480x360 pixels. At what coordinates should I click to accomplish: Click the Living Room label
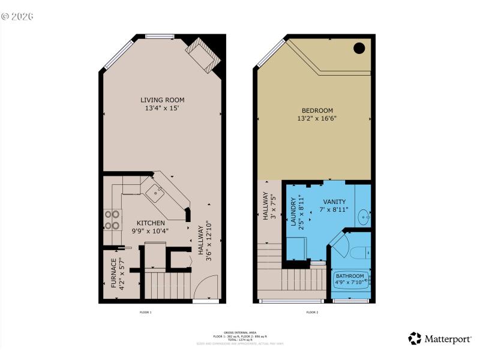click(x=162, y=100)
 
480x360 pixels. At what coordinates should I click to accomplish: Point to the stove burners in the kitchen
click(x=112, y=219)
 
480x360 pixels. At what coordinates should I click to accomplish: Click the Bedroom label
click(x=317, y=110)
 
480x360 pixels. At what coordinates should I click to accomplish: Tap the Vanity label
click(x=334, y=202)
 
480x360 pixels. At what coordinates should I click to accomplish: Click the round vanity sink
click(x=364, y=215)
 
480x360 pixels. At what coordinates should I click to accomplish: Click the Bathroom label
click(x=350, y=276)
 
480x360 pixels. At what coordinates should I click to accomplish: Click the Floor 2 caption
click(x=312, y=312)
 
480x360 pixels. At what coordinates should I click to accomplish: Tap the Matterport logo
click(x=440, y=339)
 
